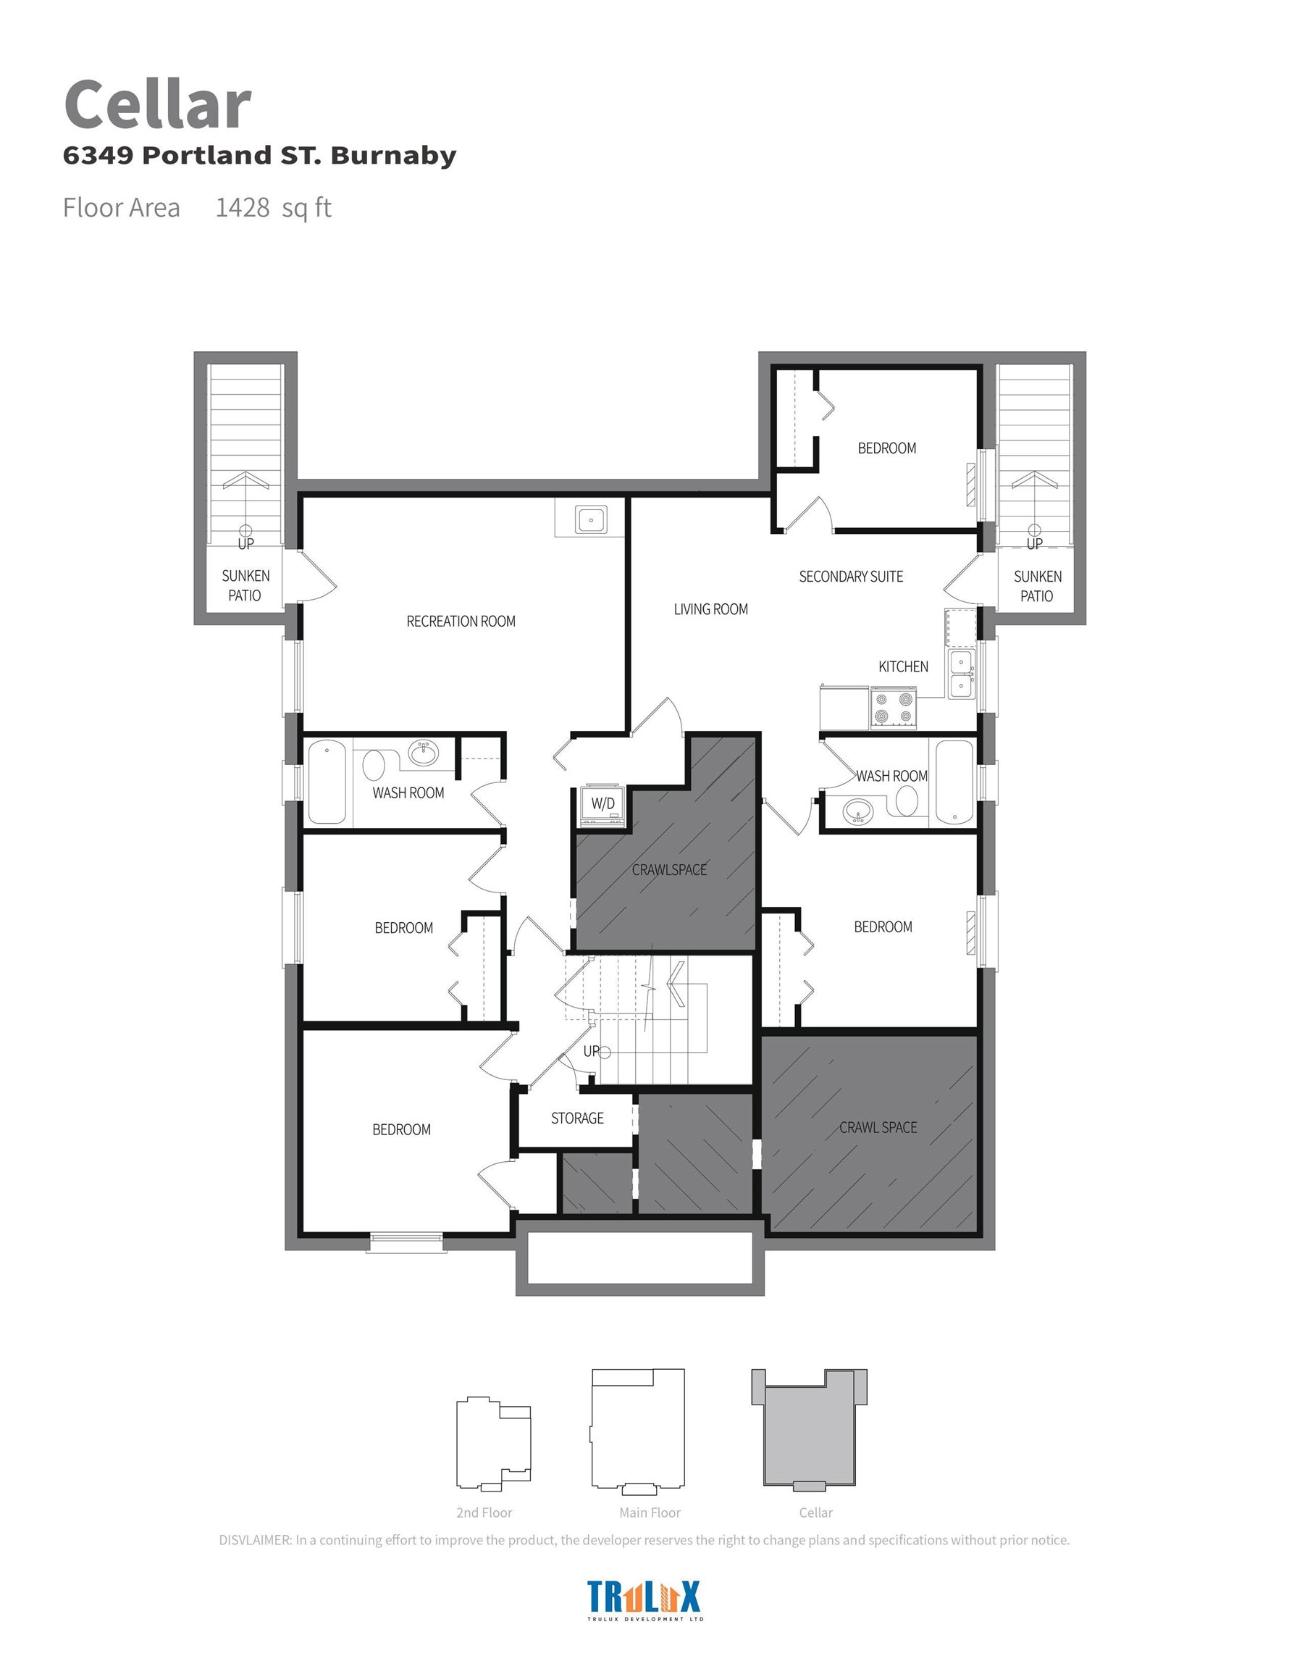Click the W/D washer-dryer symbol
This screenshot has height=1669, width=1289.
click(602, 805)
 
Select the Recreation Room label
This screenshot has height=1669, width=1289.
click(461, 622)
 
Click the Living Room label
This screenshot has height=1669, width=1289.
click(710, 609)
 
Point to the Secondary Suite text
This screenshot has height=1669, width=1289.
click(851, 576)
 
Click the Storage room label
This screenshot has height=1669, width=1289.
click(577, 1118)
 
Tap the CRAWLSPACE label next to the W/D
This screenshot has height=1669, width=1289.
click(669, 870)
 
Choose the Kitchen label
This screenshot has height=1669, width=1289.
click(903, 666)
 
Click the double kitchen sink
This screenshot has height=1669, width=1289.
click(960, 673)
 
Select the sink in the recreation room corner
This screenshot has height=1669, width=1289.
click(591, 520)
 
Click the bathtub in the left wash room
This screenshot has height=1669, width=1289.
click(327, 782)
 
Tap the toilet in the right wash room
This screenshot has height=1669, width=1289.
click(906, 800)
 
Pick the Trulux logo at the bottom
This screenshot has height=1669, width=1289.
click(644, 1599)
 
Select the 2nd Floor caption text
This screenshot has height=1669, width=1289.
click(484, 1513)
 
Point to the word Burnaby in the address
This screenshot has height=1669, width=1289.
click(393, 155)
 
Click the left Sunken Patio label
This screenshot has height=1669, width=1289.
click(245, 585)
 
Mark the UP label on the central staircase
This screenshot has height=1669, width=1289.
click(592, 1052)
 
